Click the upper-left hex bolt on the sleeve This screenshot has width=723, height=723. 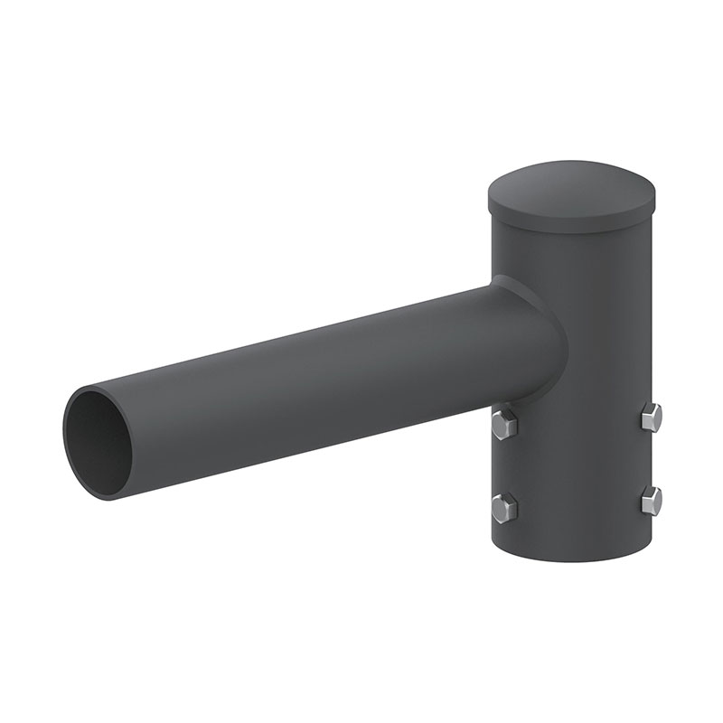coord(504,424)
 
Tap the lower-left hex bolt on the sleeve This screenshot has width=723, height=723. coord(504,507)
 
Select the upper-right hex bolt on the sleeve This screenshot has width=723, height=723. coord(651,417)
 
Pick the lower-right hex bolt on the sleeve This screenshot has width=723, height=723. coord(651,500)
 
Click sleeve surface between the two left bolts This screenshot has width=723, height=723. coord(502,465)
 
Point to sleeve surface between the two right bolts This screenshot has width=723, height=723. coord(651,458)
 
